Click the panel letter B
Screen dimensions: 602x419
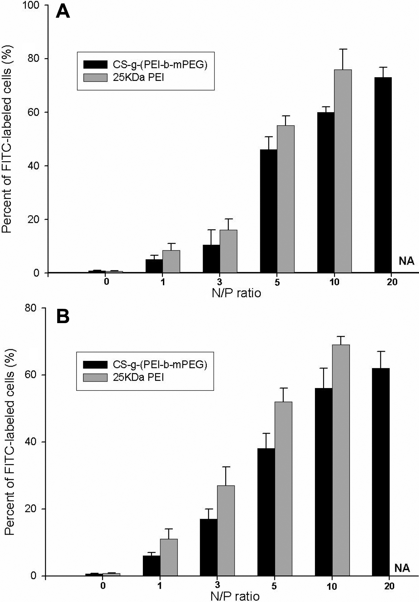(63, 316)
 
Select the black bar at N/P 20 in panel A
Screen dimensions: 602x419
(383, 175)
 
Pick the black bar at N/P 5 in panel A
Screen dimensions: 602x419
(269, 211)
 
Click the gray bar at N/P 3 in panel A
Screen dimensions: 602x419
(228, 251)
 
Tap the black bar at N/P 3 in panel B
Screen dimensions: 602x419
(209, 547)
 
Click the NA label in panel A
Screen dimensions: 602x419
(406, 261)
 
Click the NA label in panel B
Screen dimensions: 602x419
(402, 568)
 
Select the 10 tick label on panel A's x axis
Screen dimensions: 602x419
(334, 282)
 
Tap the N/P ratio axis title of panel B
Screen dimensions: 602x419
(235, 596)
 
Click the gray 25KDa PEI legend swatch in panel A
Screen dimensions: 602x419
(95, 78)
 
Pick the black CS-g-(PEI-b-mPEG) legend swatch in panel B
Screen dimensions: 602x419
(95, 365)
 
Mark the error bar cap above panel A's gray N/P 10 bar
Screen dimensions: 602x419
(343, 49)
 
